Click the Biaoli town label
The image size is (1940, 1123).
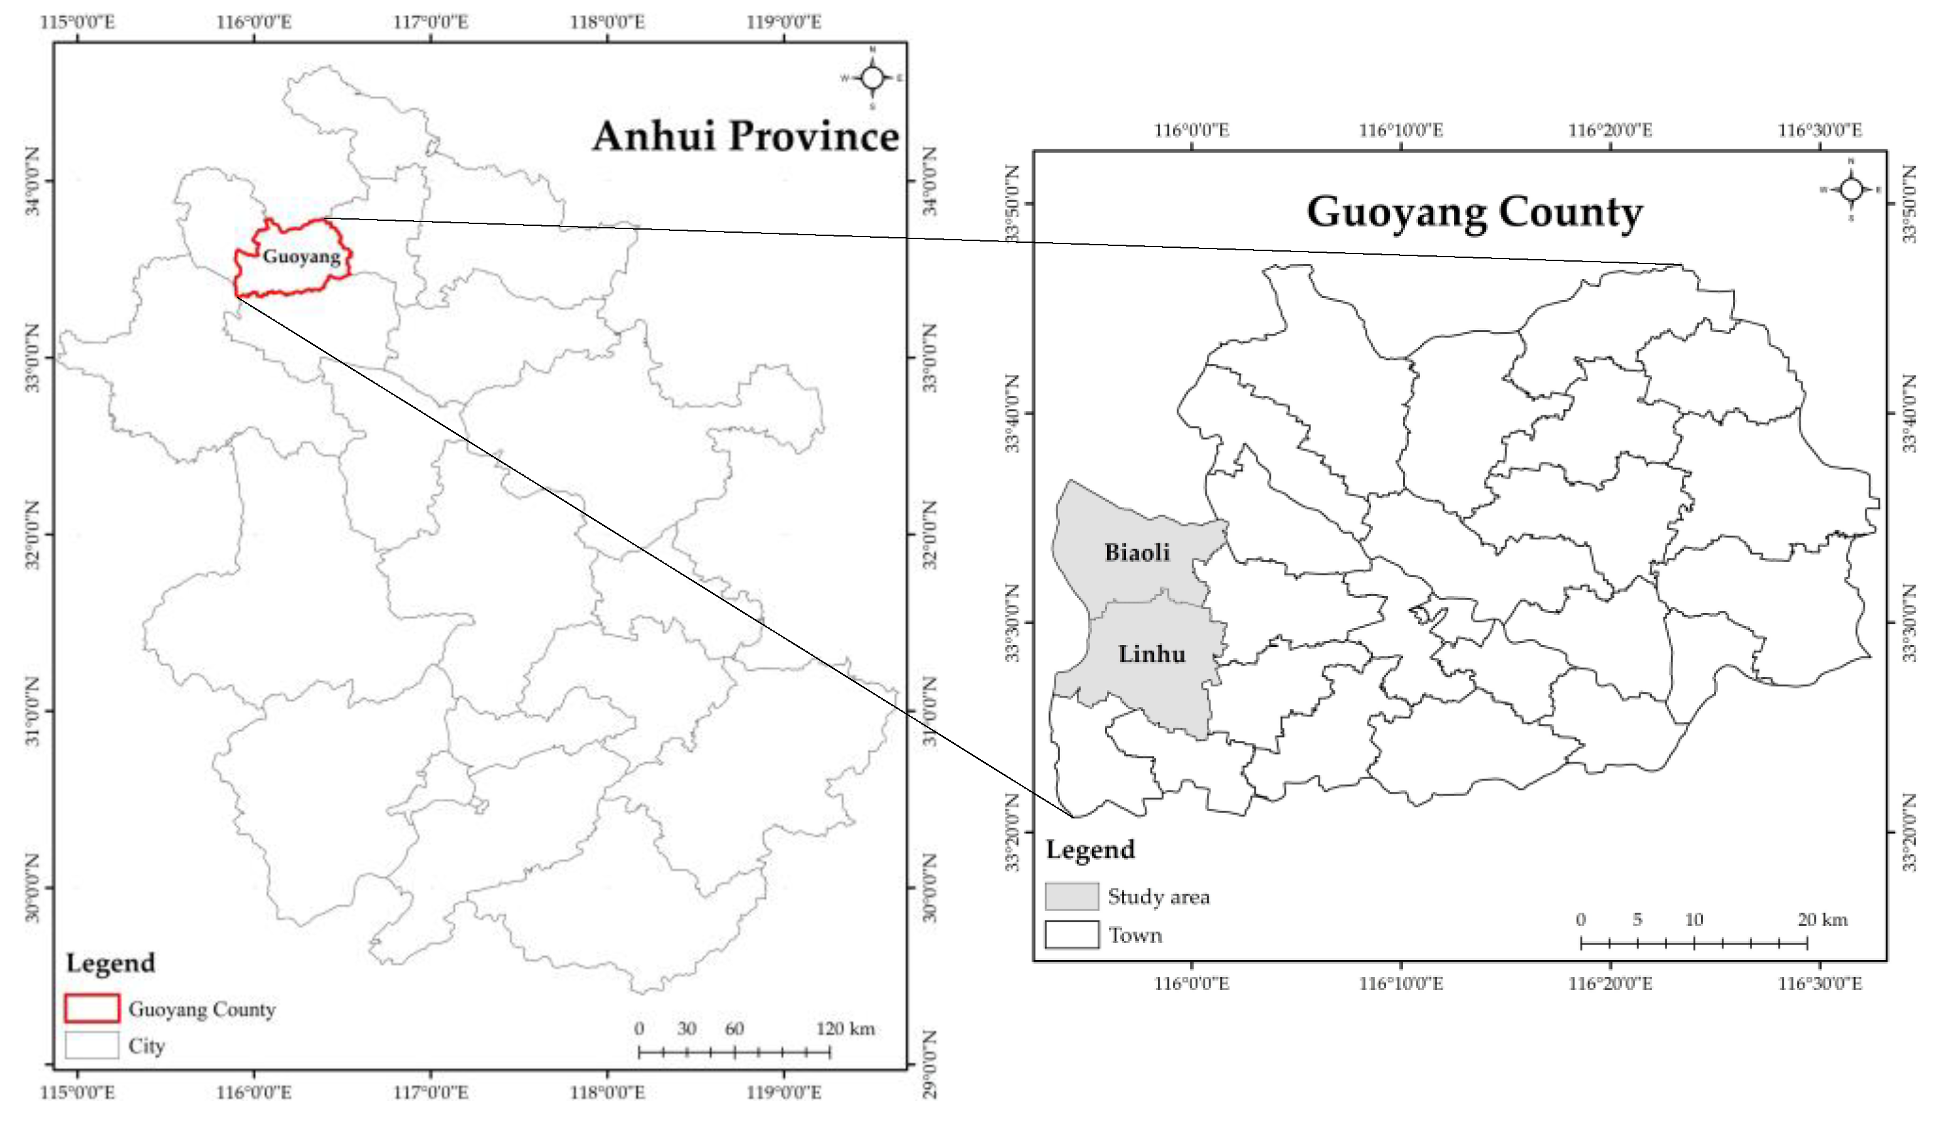pos(1137,552)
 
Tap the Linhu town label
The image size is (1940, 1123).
pos(1151,654)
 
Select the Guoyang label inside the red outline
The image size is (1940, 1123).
pos(301,256)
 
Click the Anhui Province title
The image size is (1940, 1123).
pos(745,136)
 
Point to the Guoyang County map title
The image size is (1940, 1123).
pos(1474,212)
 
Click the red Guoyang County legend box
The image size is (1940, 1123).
pos(92,1008)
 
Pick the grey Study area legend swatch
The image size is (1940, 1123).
pos(1071,896)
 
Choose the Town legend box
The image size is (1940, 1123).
pos(1071,934)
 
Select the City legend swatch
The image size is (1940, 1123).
pos(92,1045)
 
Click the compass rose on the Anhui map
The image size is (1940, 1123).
pos(872,78)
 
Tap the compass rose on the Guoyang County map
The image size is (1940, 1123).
pos(1852,189)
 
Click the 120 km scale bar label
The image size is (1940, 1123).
pos(844,1028)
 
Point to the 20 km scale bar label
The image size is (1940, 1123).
pos(1822,919)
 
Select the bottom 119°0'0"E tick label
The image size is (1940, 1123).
pos(783,1092)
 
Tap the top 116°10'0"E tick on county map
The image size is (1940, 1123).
pos(1401,130)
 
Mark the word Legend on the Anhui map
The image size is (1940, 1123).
pos(110,963)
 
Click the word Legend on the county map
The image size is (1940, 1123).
pos(1090,849)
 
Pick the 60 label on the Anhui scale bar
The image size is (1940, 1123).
pos(734,1028)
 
